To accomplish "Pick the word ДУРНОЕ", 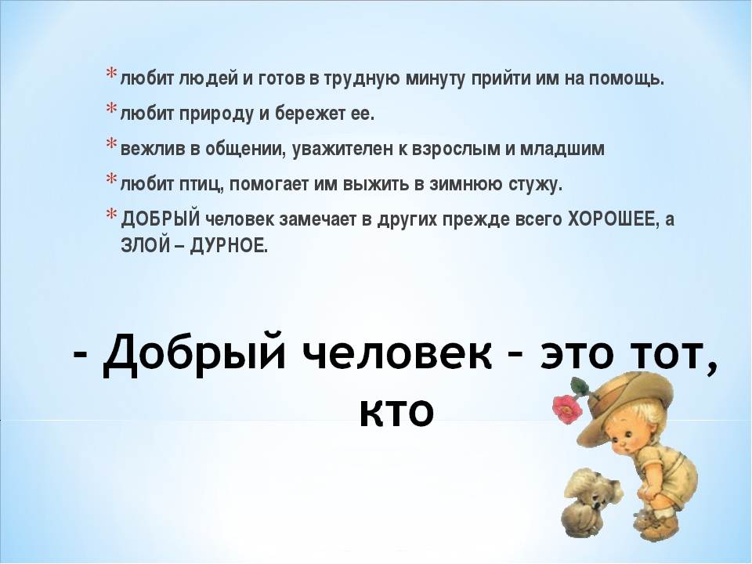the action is pos(227,246).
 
